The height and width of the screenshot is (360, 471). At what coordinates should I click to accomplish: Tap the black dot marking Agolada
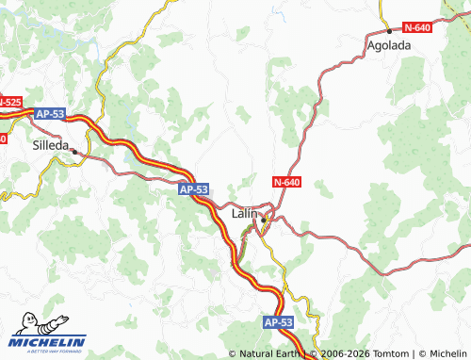click(389, 31)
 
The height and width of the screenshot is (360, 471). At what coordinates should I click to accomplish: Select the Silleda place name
click(51, 146)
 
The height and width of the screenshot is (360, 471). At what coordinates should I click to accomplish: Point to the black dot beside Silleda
click(74, 151)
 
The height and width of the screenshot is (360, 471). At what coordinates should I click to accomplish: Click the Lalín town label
click(244, 215)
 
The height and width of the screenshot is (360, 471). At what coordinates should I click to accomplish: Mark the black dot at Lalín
click(265, 220)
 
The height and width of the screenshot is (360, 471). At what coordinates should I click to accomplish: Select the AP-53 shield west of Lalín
click(192, 189)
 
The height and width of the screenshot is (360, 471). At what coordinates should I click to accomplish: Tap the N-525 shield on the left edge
click(8, 101)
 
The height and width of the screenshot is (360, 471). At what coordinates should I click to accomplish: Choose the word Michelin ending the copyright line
click(444, 354)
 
